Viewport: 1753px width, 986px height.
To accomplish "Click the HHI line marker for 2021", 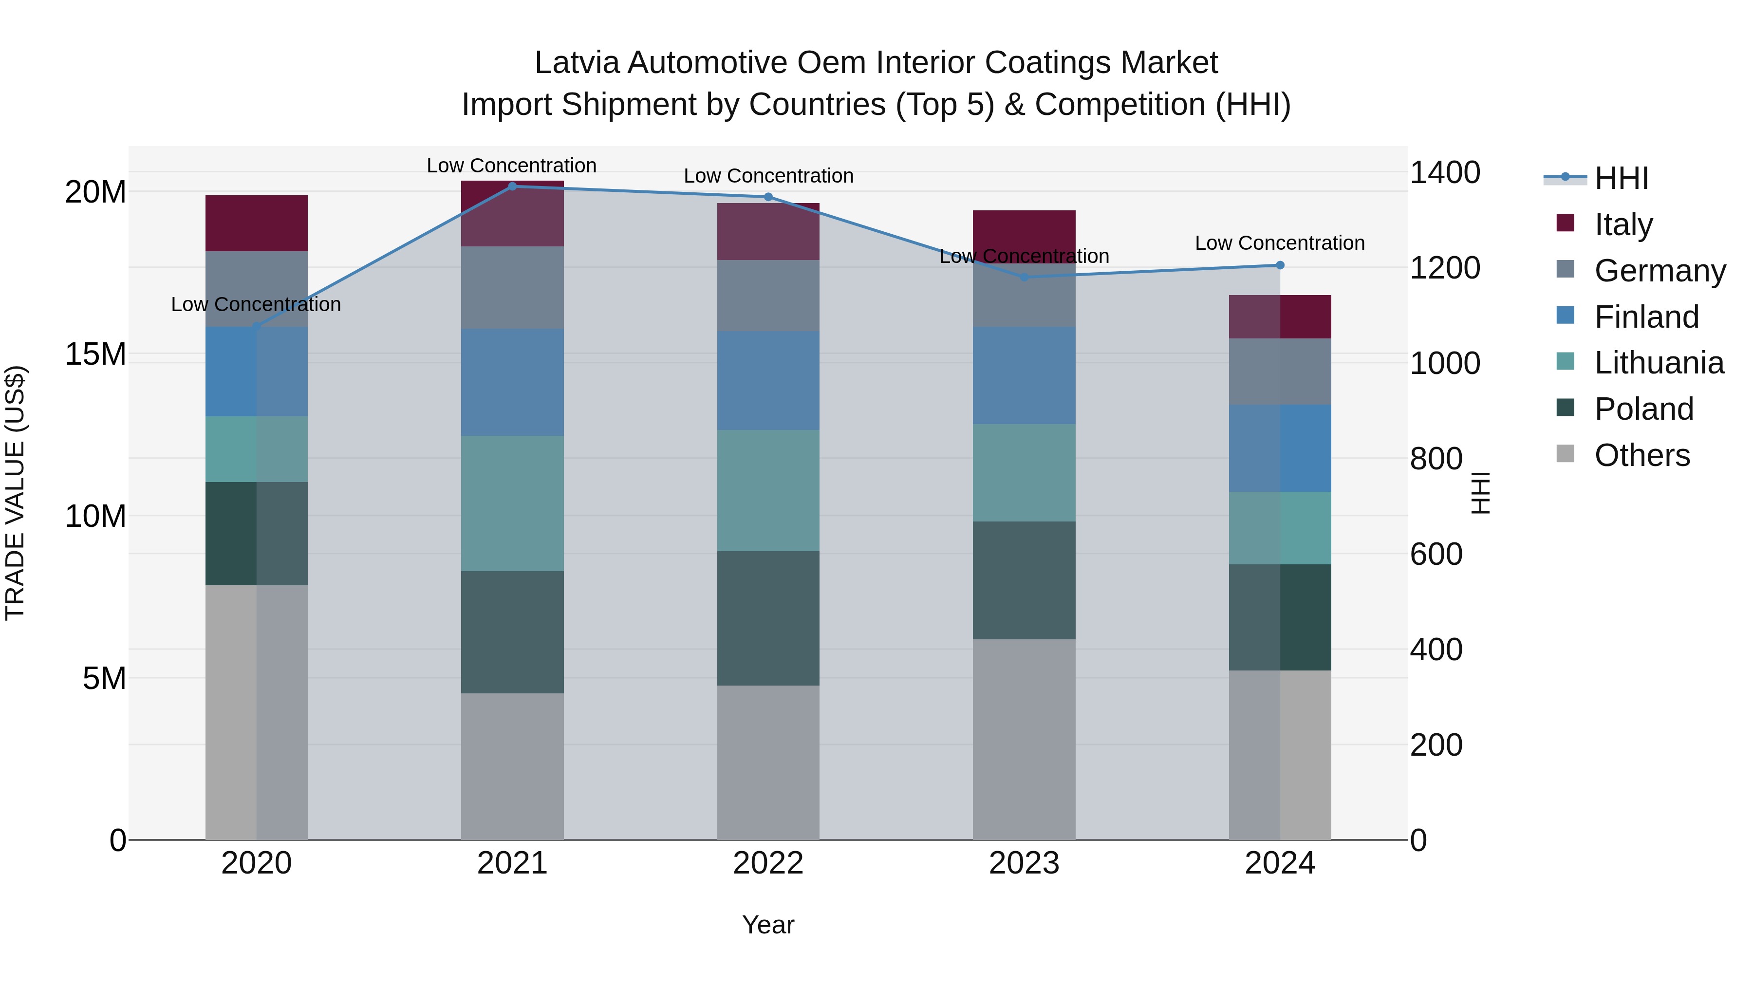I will pyautogui.click(x=512, y=186).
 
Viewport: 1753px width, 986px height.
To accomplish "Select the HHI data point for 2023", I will pyautogui.click(x=1024, y=277).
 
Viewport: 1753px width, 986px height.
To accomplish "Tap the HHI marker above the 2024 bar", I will pyautogui.click(x=1280, y=265).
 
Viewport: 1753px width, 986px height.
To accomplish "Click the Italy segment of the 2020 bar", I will pyautogui.click(x=257, y=223).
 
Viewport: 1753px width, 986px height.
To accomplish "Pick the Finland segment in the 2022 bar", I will pyautogui.click(x=768, y=380).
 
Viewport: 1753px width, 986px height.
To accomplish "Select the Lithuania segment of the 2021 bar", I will pyautogui.click(x=512, y=503).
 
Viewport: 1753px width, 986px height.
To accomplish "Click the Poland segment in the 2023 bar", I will pyautogui.click(x=1024, y=580).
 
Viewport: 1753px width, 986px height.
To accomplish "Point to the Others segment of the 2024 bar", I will pyautogui.click(x=1280, y=755).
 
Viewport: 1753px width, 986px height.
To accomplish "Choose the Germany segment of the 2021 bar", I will pyautogui.click(x=512, y=287).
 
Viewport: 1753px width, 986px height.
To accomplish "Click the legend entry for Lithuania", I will pyautogui.click(x=1659, y=363).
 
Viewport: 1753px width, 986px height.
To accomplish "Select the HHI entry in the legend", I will pyautogui.click(x=1621, y=178).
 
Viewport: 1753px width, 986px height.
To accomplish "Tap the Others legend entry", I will pyautogui.click(x=1641, y=455).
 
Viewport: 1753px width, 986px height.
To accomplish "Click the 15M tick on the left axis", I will pyautogui.click(x=95, y=354).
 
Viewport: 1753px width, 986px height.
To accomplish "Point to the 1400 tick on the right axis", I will pyautogui.click(x=1444, y=172).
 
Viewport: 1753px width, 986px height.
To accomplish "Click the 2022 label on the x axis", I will pyautogui.click(x=768, y=863).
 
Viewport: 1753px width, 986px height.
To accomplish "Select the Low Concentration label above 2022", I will pyautogui.click(x=768, y=176).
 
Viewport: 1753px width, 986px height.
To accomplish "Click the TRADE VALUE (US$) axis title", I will pyautogui.click(x=15, y=493).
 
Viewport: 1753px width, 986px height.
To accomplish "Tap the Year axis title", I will pyautogui.click(x=768, y=925).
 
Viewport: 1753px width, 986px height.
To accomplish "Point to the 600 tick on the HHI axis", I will pyautogui.click(x=1436, y=554).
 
